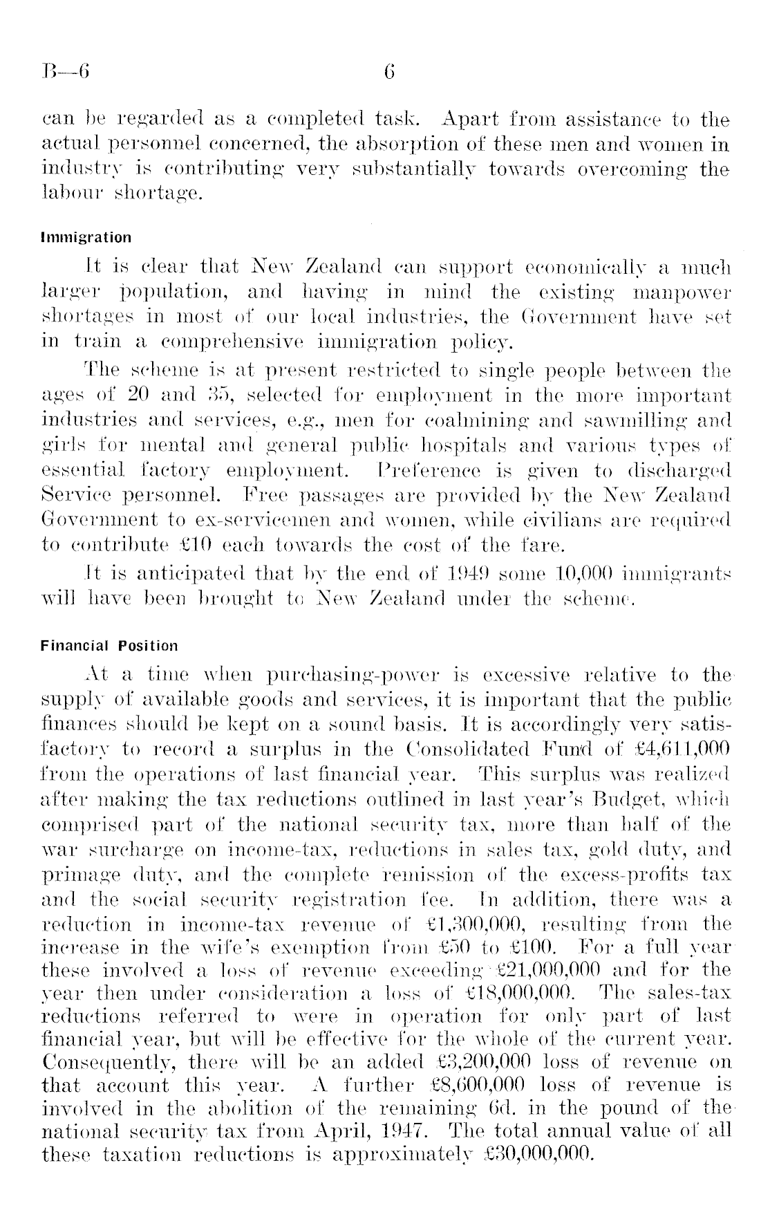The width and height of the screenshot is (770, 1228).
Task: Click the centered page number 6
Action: coord(388,71)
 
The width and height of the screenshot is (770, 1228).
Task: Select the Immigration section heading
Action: coord(86,238)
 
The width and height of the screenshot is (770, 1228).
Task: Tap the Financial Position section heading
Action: coord(109,646)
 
